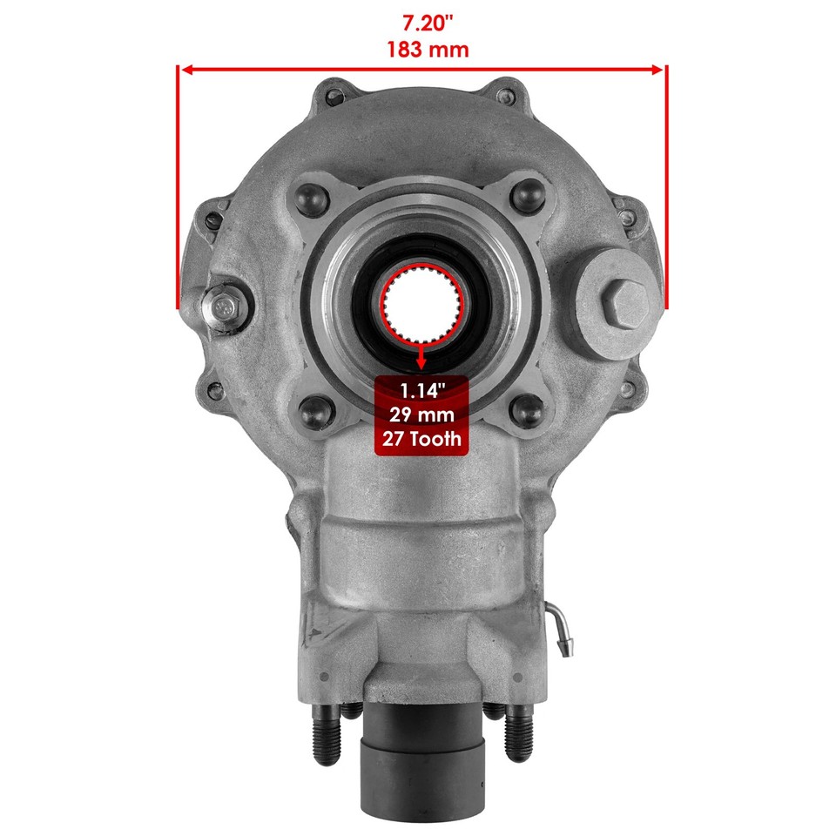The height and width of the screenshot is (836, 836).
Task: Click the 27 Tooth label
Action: pyautogui.click(x=421, y=439)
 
